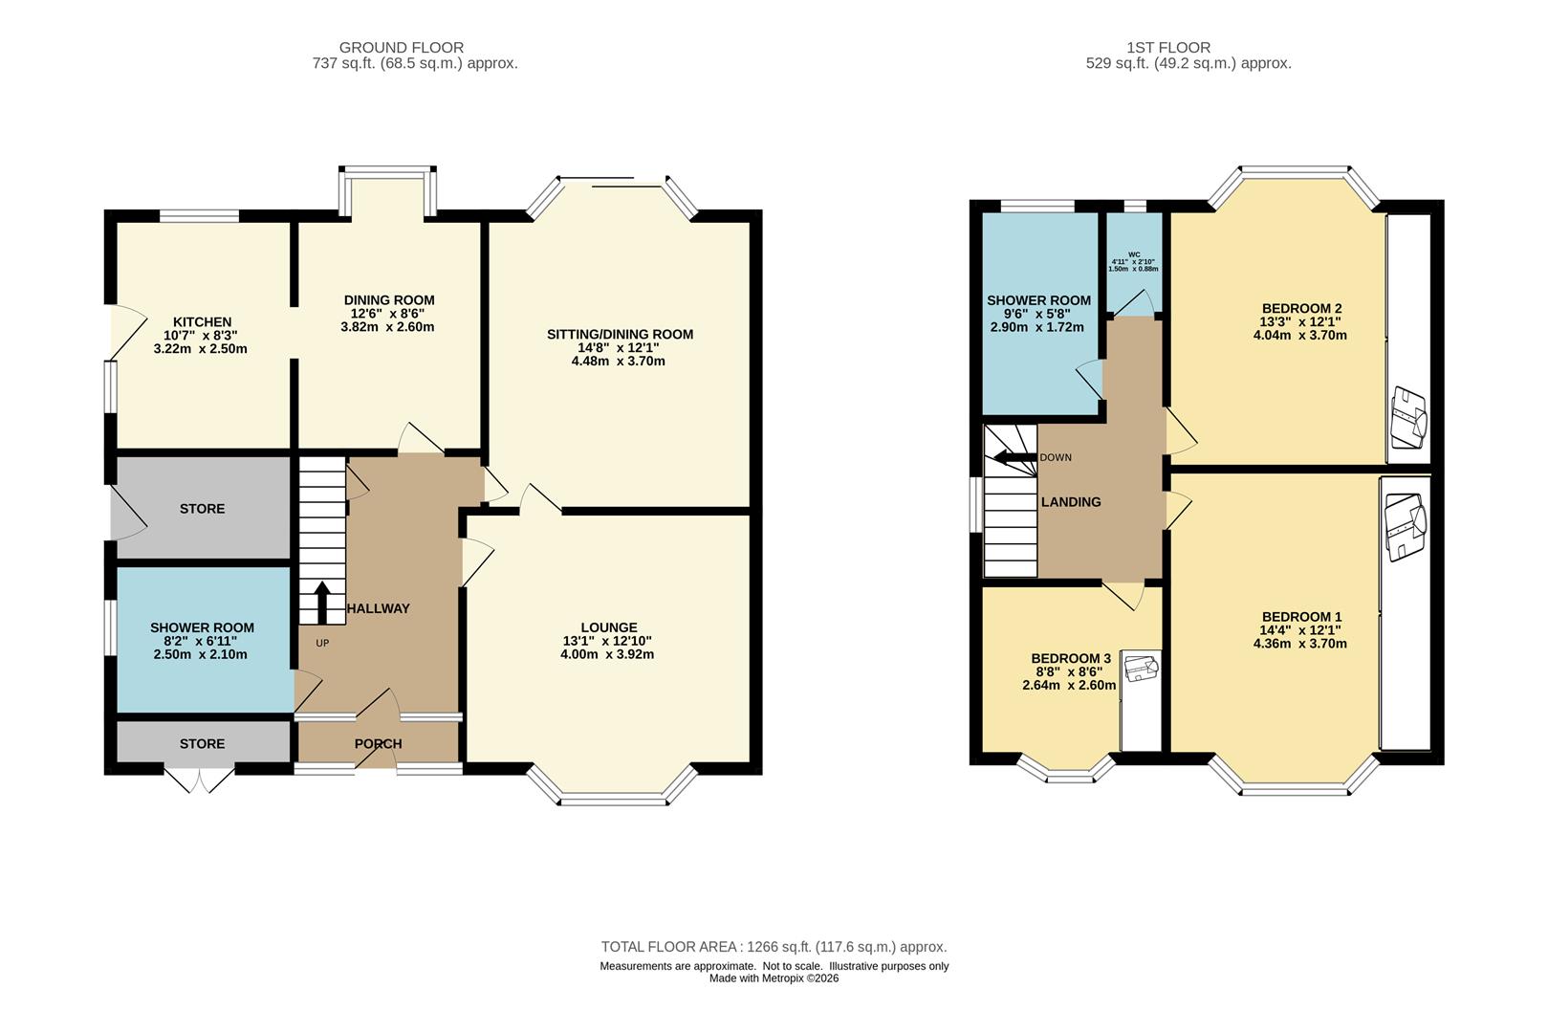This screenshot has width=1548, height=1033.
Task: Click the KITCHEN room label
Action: tap(202, 322)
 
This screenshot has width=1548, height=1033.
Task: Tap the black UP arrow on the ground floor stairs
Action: tap(322, 603)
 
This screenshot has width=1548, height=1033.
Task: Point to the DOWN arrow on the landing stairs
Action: tap(1015, 457)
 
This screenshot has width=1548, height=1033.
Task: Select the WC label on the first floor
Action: tap(1134, 254)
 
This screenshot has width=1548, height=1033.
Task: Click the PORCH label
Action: tap(378, 744)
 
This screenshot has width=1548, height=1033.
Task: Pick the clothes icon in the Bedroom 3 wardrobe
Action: tap(1141, 668)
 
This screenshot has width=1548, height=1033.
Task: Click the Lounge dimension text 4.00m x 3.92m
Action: tap(607, 654)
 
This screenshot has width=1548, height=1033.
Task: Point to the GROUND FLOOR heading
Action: tap(401, 48)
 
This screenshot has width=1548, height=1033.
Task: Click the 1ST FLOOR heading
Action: tap(1167, 48)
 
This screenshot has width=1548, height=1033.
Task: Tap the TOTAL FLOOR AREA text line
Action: tap(774, 947)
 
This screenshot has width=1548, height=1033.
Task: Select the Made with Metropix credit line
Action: tap(774, 978)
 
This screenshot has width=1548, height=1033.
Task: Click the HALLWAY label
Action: tap(378, 608)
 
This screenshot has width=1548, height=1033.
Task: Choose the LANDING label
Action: tap(1071, 502)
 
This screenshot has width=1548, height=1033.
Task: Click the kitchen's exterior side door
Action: tap(128, 333)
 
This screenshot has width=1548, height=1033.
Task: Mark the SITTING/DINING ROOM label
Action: tap(620, 335)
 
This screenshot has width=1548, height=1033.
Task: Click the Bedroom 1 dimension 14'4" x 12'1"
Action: tap(1301, 630)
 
